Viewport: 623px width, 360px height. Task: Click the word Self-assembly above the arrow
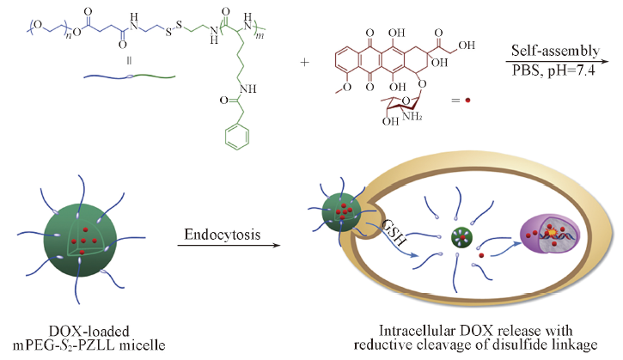(x=555, y=51)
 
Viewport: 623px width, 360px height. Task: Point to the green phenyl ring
(x=245, y=176)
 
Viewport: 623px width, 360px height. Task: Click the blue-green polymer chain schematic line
(x=129, y=78)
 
